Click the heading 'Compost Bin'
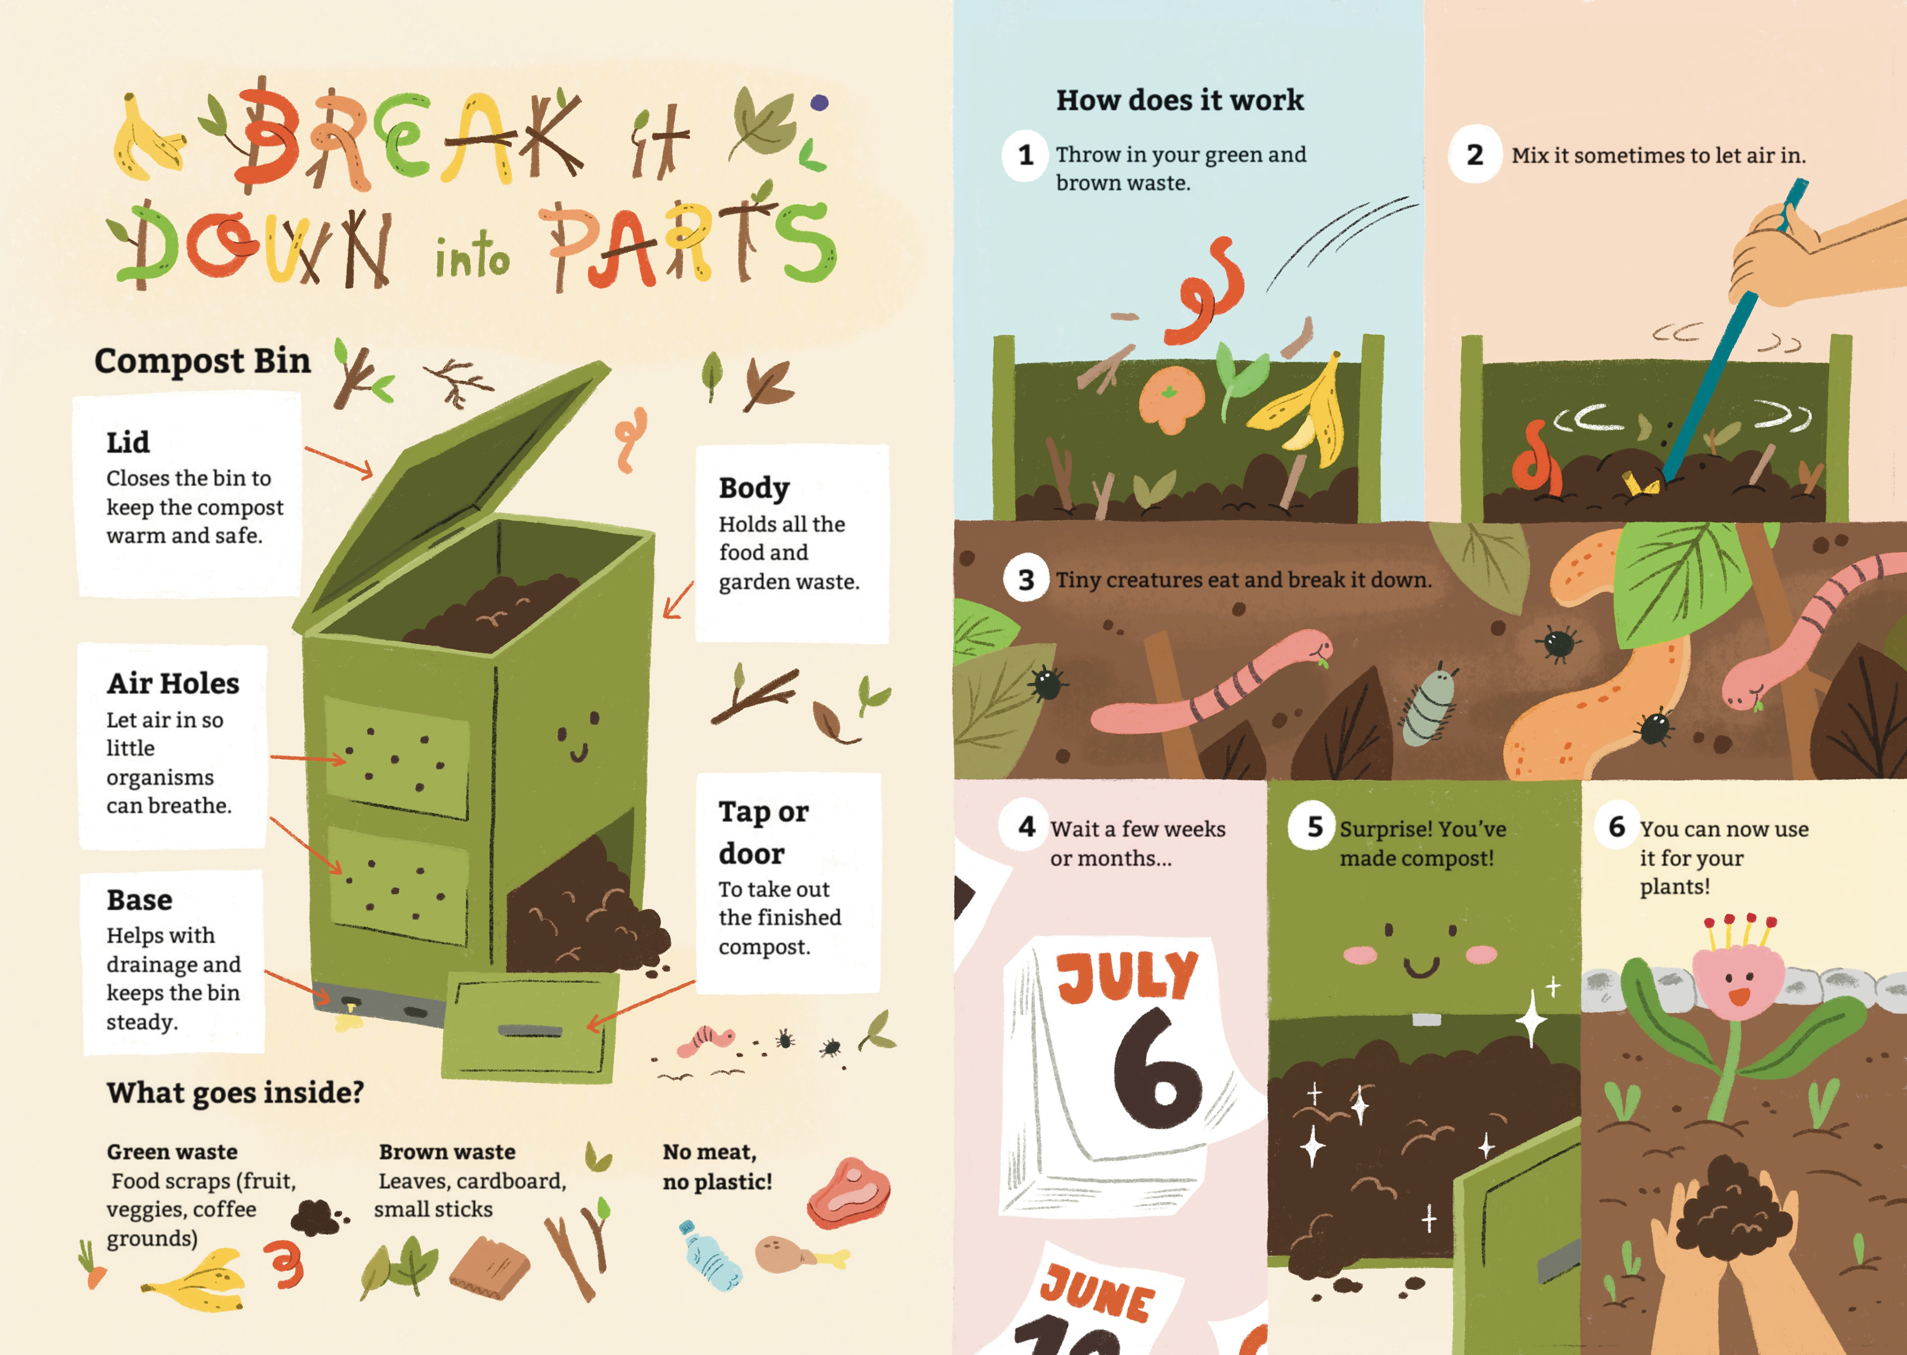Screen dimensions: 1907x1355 (202, 361)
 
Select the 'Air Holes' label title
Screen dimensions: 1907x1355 (173, 683)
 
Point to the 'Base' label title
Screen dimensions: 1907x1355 (140, 900)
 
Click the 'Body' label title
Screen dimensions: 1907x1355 (754, 488)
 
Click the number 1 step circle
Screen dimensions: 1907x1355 (1026, 155)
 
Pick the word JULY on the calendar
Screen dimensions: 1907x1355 (1127, 976)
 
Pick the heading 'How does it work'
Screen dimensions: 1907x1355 (1179, 100)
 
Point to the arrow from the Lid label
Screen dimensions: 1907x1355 (339, 462)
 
